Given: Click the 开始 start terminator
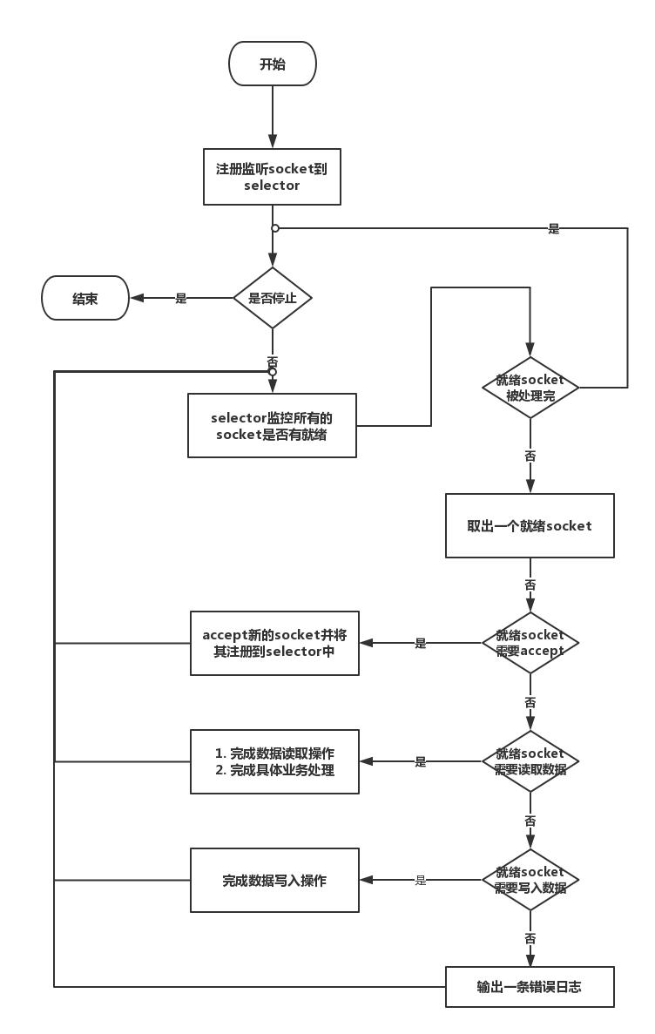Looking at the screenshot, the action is tap(273, 64).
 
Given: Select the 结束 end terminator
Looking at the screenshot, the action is tap(85, 298).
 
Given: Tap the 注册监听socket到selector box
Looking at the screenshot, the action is tap(272, 177).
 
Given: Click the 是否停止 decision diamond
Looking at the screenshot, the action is tap(273, 298).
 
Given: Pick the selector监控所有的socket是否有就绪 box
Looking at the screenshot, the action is tap(272, 425).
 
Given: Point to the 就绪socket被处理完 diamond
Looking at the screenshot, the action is tap(530, 388).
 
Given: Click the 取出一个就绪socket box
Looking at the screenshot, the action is tap(530, 525).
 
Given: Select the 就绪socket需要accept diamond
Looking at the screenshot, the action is tap(530, 643).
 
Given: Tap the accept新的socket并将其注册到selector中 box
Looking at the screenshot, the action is tap(274, 643).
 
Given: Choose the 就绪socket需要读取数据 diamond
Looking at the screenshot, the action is tap(530, 761).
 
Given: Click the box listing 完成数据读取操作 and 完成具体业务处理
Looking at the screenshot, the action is tap(274, 761).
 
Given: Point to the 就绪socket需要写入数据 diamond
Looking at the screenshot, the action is tap(530, 881).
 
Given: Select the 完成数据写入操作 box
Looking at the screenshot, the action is tap(274, 881).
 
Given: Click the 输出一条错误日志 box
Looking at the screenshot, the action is tap(530, 986).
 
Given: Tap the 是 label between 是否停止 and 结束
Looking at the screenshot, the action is tap(181, 298).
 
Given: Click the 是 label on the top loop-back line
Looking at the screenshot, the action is tap(554, 229).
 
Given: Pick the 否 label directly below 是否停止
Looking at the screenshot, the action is tap(273, 362).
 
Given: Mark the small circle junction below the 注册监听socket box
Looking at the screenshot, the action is tap(275, 228).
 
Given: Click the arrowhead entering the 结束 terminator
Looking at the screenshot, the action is tap(138, 298).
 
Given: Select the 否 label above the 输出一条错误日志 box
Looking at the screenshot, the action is tap(530, 937).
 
